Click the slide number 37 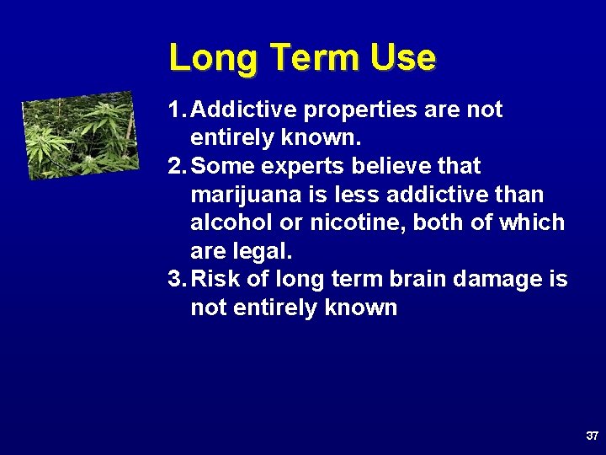(x=592, y=436)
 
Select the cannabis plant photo (x=80, y=135)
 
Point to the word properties (x=353, y=110)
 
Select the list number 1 (x=174, y=110)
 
